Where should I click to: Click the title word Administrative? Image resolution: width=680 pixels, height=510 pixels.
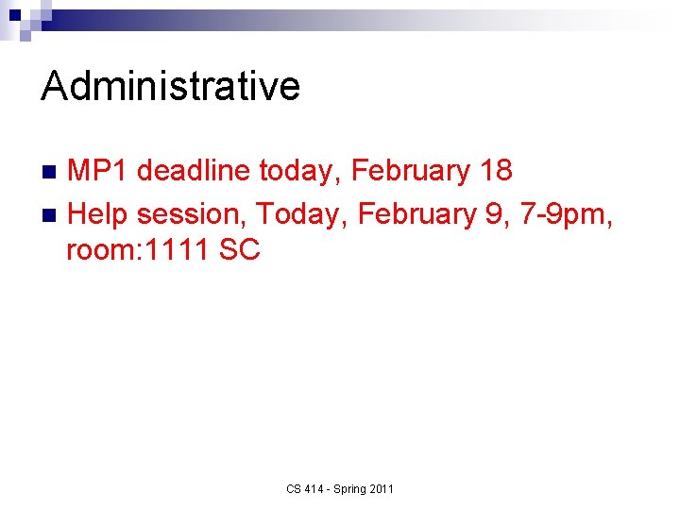tap(171, 87)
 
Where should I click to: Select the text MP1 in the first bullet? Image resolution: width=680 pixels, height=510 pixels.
tap(98, 171)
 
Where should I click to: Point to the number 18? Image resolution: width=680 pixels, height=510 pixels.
tap(496, 171)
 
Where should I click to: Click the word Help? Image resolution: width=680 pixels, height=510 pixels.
tap(98, 214)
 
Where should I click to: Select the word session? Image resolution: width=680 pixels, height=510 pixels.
tap(192, 214)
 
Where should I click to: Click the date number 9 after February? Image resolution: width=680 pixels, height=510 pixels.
tap(494, 214)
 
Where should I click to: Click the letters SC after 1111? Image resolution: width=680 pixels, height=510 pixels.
tap(239, 251)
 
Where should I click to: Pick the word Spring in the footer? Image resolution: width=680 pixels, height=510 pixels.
tap(350, 488)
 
